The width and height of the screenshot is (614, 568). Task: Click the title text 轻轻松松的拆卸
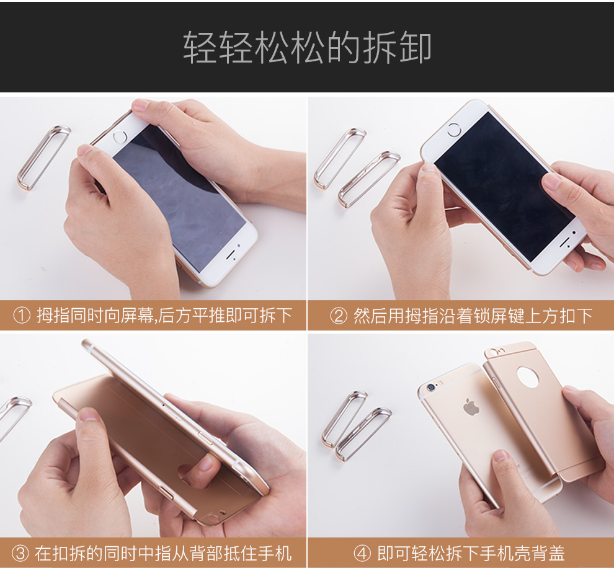[307, 48]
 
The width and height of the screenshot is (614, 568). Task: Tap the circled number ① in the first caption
[22, 316]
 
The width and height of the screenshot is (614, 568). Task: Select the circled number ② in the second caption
[339, 316]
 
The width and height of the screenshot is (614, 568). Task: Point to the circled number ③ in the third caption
[20, 553]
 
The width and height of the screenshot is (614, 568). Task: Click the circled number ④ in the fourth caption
[362, 553]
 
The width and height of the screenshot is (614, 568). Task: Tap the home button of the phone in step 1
[120, 136]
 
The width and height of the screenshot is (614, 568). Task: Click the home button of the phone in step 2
[454, 130]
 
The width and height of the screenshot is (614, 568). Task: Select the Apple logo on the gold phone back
[471, 407]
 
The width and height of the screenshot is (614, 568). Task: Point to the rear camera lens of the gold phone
[432, 388]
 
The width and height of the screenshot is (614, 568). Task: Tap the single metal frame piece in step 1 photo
[43, 158]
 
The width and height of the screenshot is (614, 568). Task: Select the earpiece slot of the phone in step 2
[564, 243]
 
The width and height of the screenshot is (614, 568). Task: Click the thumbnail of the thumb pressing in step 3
[89, 415]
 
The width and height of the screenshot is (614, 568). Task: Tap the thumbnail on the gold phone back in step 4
[501, 456]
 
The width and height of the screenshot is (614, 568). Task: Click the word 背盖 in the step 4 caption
[548, 553]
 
